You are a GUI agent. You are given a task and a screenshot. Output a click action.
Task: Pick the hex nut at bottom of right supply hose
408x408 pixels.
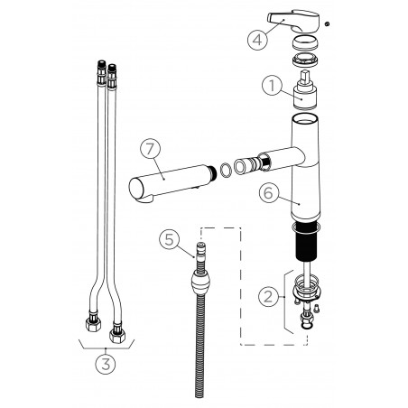[x=116, y=335]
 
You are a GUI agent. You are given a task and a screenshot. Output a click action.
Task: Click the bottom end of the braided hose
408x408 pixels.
[x=199, y=390]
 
